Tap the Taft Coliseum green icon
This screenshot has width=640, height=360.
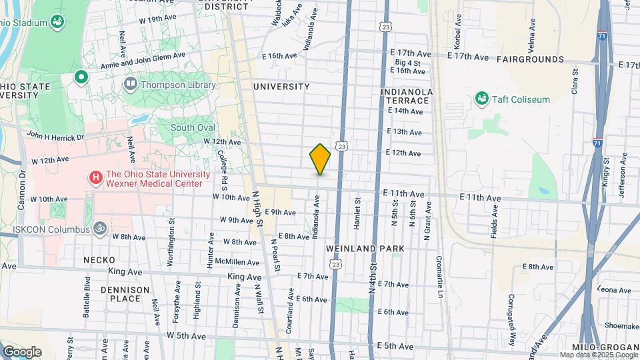point(481,99)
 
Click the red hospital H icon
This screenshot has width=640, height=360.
point(96,177)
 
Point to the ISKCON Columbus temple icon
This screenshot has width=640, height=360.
point(100,227)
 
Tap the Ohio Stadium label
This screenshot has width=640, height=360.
point(23,23)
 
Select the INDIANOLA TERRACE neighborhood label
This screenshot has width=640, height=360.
point(407,95)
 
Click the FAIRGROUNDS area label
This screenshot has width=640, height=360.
point(530,59)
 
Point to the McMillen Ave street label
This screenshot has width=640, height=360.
point(233,262)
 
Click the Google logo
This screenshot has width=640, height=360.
point(22,351)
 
